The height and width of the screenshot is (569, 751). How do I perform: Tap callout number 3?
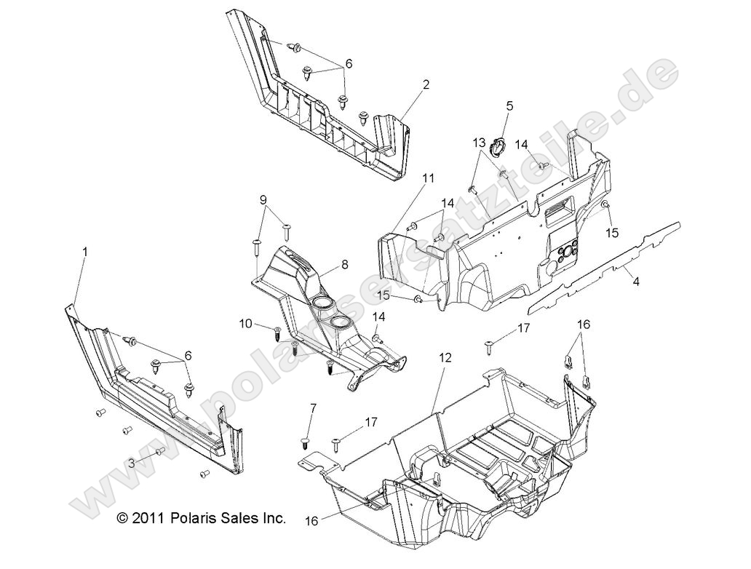click(131, 463)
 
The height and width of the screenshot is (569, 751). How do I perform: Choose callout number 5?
click(509, 106)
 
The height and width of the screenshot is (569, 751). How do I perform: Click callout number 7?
click(314, 408)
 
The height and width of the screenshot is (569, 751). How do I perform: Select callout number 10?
click(245, 322)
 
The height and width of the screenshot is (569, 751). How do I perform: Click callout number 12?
click(445, 357)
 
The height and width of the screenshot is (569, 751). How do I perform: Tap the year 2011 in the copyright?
click(150, 519)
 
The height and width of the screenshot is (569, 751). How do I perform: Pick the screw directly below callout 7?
click(305, 442)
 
